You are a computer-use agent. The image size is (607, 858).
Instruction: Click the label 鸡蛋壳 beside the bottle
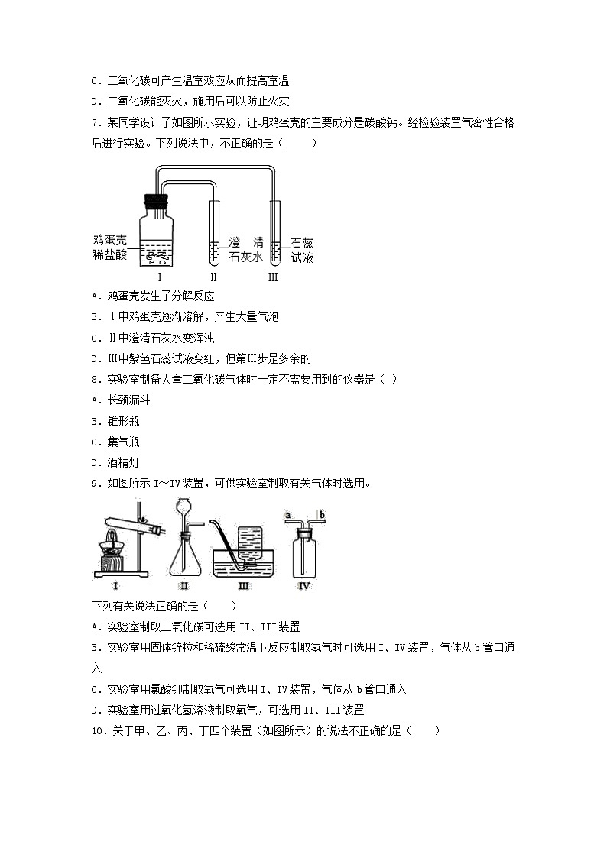click(109, 241)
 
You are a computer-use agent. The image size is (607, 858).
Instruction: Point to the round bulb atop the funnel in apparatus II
click(183, 506)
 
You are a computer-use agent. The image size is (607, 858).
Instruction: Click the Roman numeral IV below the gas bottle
click(305, 586)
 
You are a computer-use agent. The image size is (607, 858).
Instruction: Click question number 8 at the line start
click(94, 380)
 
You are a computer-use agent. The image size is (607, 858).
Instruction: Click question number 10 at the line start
click(97, 730)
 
